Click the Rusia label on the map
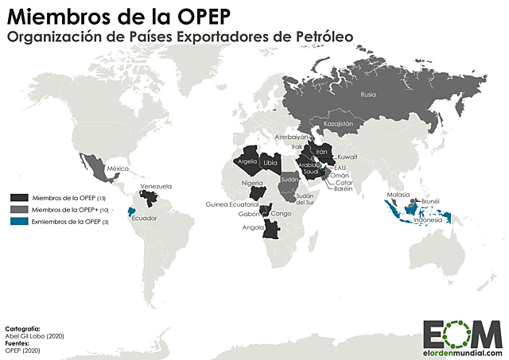[x=367, y=95]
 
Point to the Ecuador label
[x=144, y=219]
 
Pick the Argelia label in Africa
[x=246, y=161]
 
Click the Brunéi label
[x=430, y=201]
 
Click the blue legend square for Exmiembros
[x=19, y=221]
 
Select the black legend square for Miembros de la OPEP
[x=19, y=196]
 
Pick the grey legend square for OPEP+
[x=19, y=209]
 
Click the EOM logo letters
[x=462, y=334]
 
